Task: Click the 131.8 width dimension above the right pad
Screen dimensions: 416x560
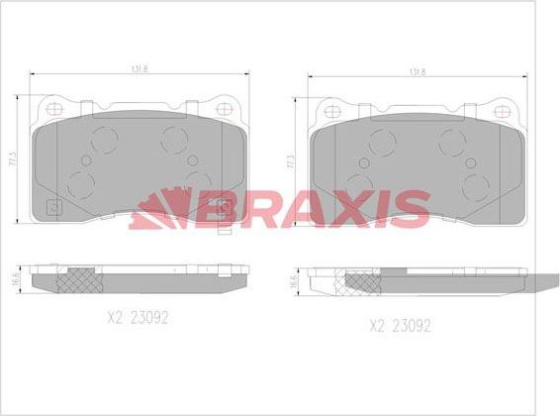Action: coord(417,71)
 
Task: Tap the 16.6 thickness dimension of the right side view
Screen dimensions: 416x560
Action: coord(294,281)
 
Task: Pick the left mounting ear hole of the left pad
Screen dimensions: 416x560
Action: coord(48,108)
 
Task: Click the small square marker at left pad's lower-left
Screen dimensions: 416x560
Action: coord(53,209)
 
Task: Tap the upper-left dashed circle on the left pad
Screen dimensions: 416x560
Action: coord(100,139)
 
